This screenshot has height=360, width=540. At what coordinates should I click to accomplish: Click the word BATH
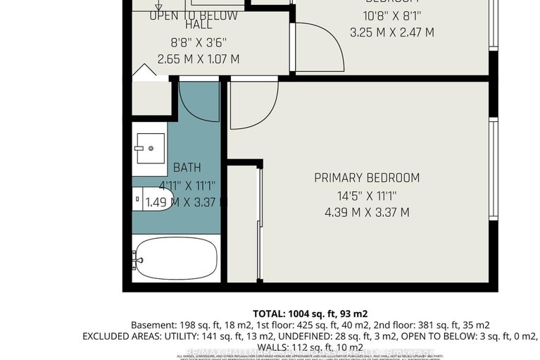pos(187,168)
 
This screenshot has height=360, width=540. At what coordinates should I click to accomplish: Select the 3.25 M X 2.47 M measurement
pos(391,32)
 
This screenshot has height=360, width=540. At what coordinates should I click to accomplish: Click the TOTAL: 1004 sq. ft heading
pos(310,314)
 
